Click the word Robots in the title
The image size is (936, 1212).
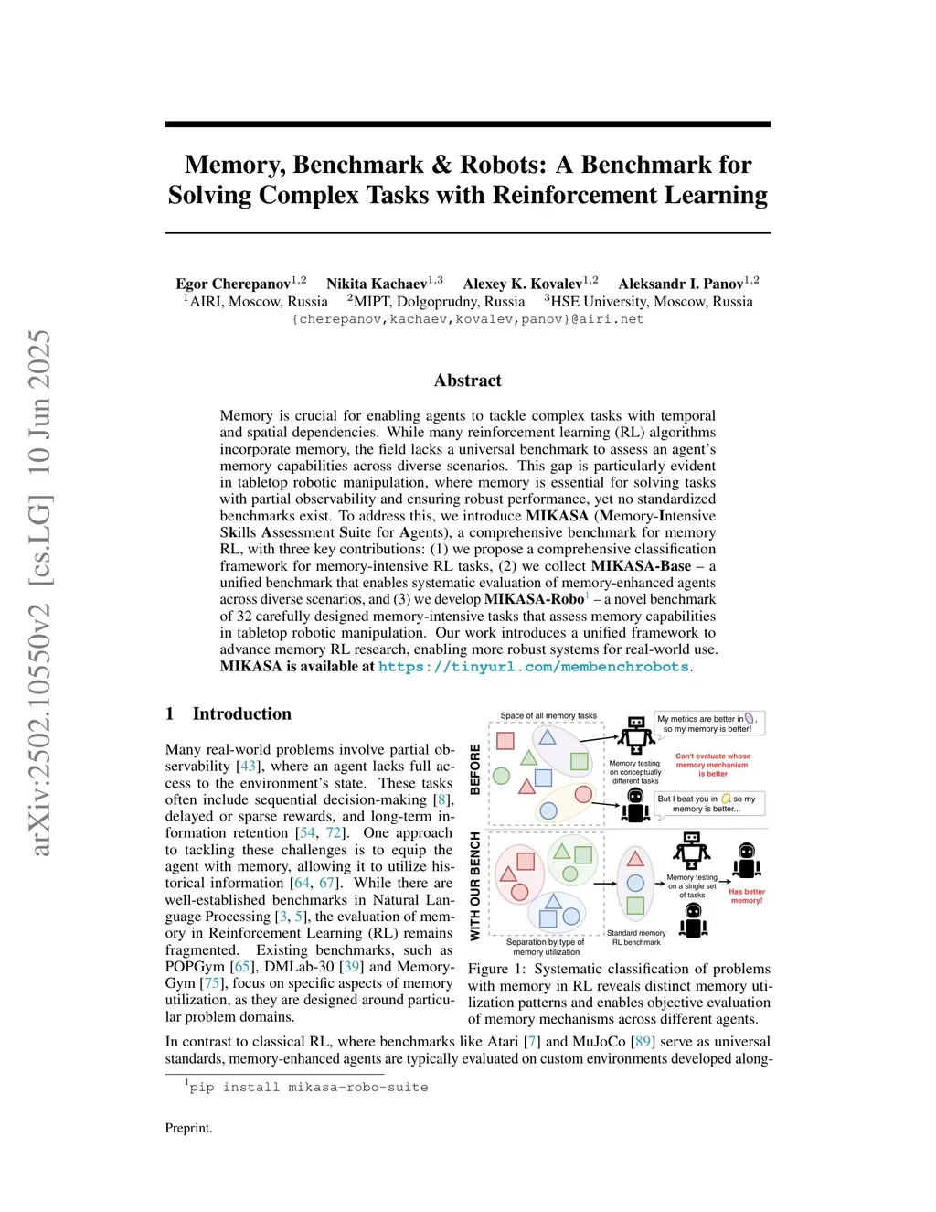503,165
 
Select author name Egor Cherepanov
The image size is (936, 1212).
233,284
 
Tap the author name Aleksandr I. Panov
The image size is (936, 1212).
680,284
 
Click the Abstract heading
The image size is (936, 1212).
467,381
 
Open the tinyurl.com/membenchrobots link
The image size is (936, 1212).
533,667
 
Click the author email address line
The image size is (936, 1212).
467,319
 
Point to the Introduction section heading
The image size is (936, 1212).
241,713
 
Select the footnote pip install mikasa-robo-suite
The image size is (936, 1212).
308,1087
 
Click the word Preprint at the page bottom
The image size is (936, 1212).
188,1128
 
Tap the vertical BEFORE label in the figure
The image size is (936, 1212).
475,768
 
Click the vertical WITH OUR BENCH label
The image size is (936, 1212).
475,885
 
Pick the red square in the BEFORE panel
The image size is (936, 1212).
505,740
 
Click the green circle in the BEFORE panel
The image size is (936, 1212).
501,776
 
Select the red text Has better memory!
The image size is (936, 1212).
746,896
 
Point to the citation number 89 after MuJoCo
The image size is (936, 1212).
643,1042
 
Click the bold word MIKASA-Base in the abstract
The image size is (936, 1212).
640,566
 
